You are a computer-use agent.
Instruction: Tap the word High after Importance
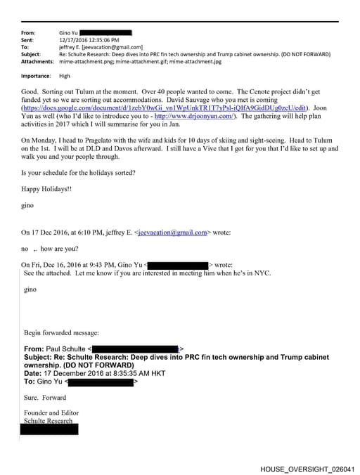[x=65, y=76]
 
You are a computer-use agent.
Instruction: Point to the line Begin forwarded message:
[x=61, y=332]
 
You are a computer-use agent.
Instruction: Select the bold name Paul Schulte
[x=65, y=349]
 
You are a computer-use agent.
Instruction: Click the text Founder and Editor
[x=51, y=413]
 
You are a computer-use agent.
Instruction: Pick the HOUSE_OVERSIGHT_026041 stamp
[x=307, y=468]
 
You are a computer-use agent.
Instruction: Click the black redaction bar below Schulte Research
[x=49, y=429]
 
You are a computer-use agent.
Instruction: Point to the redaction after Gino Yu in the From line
[x=105, y=32]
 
